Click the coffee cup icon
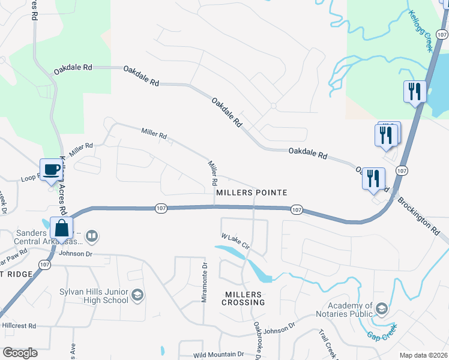click(52, 169)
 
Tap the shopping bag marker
click(62, 228)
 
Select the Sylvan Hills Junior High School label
click(94, 295)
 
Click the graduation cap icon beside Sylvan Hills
click(137, 295)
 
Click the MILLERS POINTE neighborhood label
click(252, 193)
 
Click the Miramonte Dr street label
click(205, 281)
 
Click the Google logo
click(20, 352)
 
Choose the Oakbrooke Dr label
click(258, 339)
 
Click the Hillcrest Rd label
click(19, 326)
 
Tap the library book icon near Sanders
click(92, 235)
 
